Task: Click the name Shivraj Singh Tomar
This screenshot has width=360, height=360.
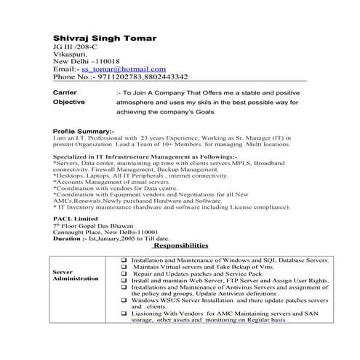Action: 104,37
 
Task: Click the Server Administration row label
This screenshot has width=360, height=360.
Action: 76,274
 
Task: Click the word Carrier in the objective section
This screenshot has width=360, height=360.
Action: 68,93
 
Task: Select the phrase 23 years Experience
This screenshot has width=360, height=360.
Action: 183,137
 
